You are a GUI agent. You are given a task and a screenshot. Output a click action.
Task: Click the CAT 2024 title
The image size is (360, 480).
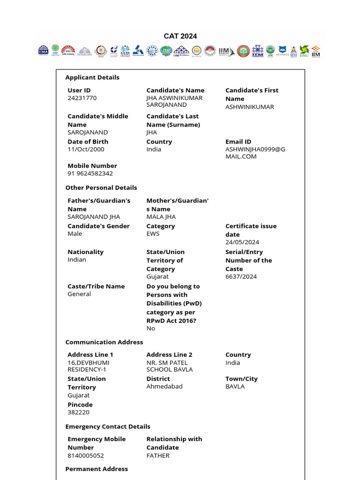[x=180, y=36]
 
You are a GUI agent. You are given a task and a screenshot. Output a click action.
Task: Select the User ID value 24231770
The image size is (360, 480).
[x=82, y=98]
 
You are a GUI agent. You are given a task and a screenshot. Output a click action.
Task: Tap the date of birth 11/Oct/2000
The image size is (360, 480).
[x=86, y=149]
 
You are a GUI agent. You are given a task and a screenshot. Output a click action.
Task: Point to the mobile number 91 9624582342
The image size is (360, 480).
[x=90, y=173]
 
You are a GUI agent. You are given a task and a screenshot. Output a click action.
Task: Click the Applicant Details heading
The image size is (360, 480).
[x=92, y=77]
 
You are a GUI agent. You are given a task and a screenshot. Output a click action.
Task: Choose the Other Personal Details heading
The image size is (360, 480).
[x=101, y=187]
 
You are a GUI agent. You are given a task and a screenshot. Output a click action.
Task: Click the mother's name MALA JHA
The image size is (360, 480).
[x=161, y=217]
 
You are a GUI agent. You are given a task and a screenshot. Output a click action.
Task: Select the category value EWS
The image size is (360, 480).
[x=153, y=233]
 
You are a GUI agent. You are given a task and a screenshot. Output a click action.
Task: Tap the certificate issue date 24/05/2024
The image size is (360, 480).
[x=242, y=242]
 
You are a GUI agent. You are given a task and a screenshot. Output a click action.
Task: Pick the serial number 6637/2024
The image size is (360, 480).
[x=241, y=276]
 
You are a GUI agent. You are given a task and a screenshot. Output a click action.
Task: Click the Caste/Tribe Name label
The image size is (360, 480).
[x=96, y=286]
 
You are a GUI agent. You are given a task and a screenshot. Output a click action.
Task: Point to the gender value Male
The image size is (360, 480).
[x=75, y=233]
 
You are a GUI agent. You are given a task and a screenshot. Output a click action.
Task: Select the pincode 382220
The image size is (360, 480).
[x=78, y=412]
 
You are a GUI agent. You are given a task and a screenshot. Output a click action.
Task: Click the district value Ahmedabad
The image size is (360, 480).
[x=165, y=386]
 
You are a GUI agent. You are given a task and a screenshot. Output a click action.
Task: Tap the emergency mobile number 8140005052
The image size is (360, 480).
[x=86, y=455]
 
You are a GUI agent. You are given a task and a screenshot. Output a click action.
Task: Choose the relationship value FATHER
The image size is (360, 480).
[x=158, y=455]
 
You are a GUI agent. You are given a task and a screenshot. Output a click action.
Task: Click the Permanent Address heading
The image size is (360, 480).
[x=97, y=469]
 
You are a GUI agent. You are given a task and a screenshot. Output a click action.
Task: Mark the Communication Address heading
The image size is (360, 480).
[x=104, y=342]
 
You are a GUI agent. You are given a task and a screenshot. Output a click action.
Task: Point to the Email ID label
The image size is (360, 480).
[x=238, y=142]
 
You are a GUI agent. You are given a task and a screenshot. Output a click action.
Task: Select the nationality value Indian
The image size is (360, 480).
[x=77, y=259]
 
